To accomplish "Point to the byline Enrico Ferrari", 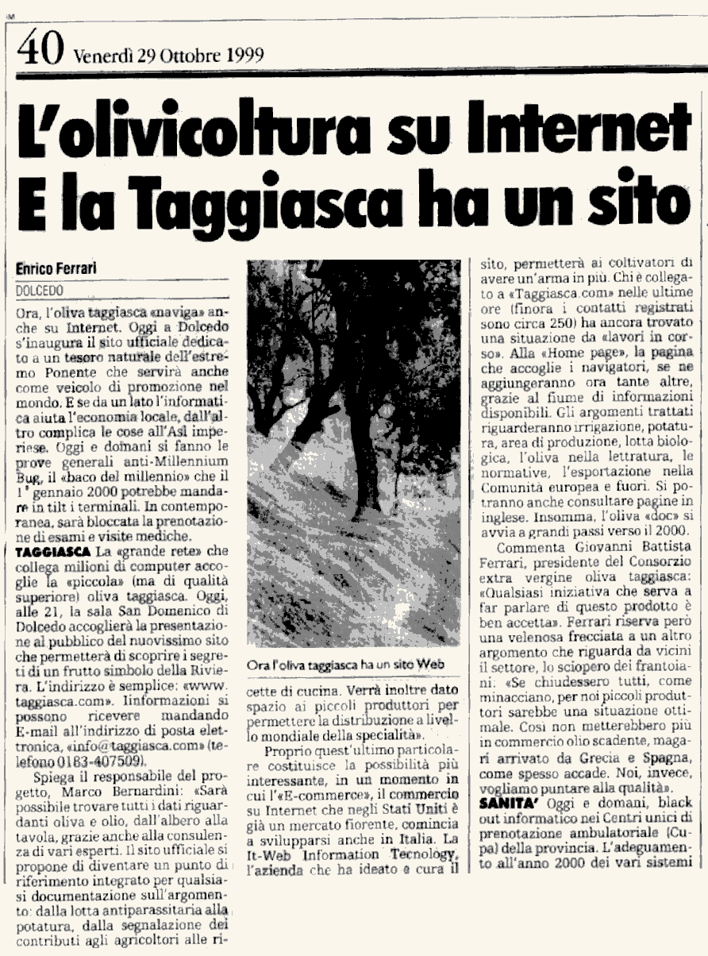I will [56, 268].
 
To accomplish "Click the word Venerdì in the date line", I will [98, 56].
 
